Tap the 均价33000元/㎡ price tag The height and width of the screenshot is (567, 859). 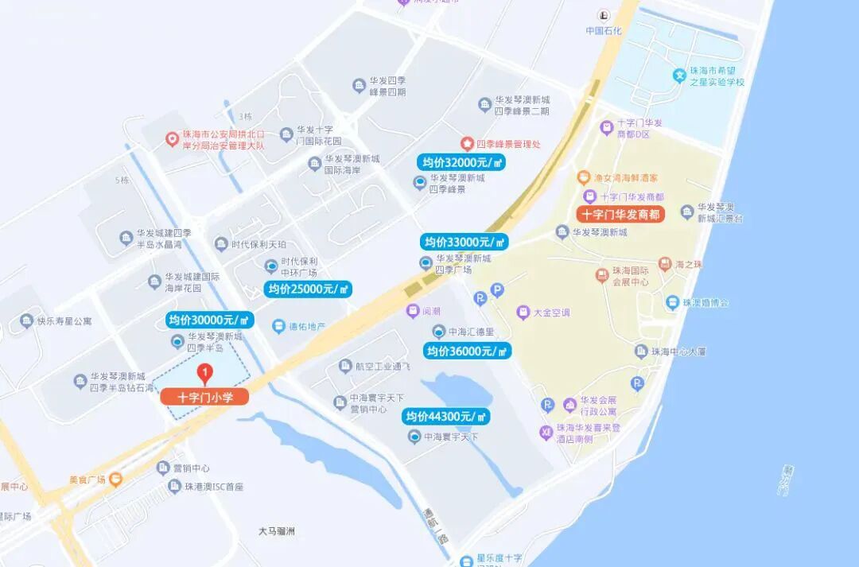[464, 242]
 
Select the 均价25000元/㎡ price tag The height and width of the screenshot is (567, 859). [308, 289]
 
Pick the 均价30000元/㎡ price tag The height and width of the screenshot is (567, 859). [210, 320]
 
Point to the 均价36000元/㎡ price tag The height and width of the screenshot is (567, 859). [467, 351]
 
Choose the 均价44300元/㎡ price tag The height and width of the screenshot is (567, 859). [446, 417]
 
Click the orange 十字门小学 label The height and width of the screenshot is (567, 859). [205, 397]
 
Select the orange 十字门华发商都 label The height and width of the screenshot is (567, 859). [620, 215]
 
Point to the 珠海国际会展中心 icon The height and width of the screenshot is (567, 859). [602, 275]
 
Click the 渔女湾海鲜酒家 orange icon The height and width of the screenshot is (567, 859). [583, 177]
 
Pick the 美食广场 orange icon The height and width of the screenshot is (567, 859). [116, 479]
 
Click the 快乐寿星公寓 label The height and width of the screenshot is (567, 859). [64, 321]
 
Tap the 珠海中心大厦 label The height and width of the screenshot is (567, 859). [678, 351]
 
